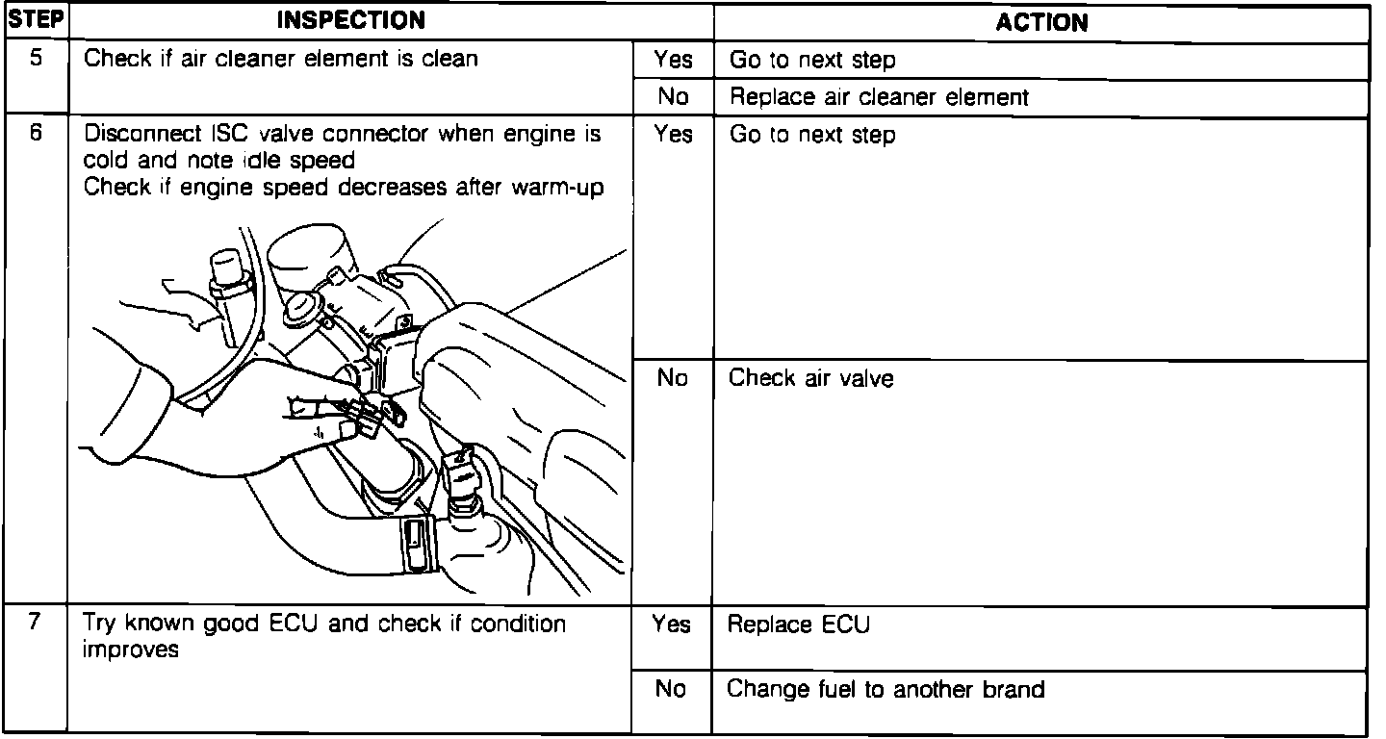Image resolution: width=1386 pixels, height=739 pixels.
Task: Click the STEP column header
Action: click(35, 21)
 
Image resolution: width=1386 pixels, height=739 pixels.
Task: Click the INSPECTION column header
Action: click(350, 21)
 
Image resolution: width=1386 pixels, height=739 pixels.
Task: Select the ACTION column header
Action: click(1041, 21)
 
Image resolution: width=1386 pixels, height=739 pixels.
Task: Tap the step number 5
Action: click(36, 58)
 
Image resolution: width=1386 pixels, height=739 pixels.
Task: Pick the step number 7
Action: click(36, 622)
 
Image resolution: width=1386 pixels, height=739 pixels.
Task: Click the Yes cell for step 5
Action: click(672, 60)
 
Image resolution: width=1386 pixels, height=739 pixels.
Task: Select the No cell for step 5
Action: click(672, 97)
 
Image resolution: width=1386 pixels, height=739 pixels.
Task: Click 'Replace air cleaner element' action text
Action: click(879, 97)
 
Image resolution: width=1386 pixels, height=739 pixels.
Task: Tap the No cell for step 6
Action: click(672, 378)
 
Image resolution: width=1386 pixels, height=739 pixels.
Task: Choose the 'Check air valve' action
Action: click(810, 378)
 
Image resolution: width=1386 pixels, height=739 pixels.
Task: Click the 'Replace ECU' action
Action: click(798, 624)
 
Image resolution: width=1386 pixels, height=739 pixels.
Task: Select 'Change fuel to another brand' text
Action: click(885, 689)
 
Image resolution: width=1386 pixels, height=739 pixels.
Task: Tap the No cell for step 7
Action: click(672, 689)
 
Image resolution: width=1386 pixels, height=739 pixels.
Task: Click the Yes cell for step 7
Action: click(672, 624)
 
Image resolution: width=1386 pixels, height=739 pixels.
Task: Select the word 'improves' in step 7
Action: click(130, 649)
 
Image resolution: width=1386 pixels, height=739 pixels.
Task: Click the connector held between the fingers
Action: click(371, 414)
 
